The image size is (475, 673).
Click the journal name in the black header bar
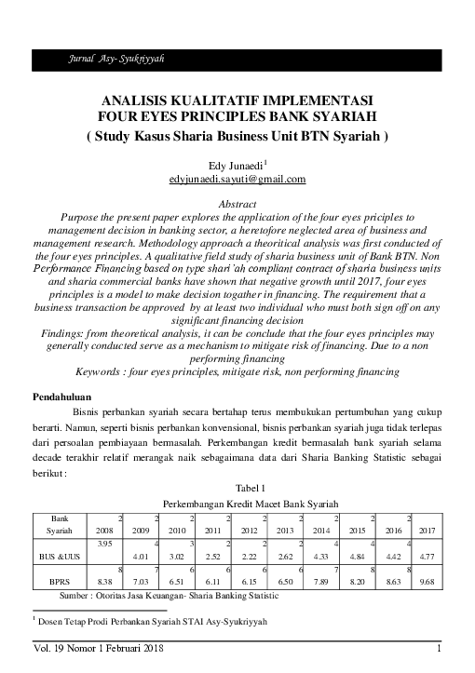112,59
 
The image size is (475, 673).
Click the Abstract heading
237,202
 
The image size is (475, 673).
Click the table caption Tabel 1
237,488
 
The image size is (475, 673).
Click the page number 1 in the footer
438,648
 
